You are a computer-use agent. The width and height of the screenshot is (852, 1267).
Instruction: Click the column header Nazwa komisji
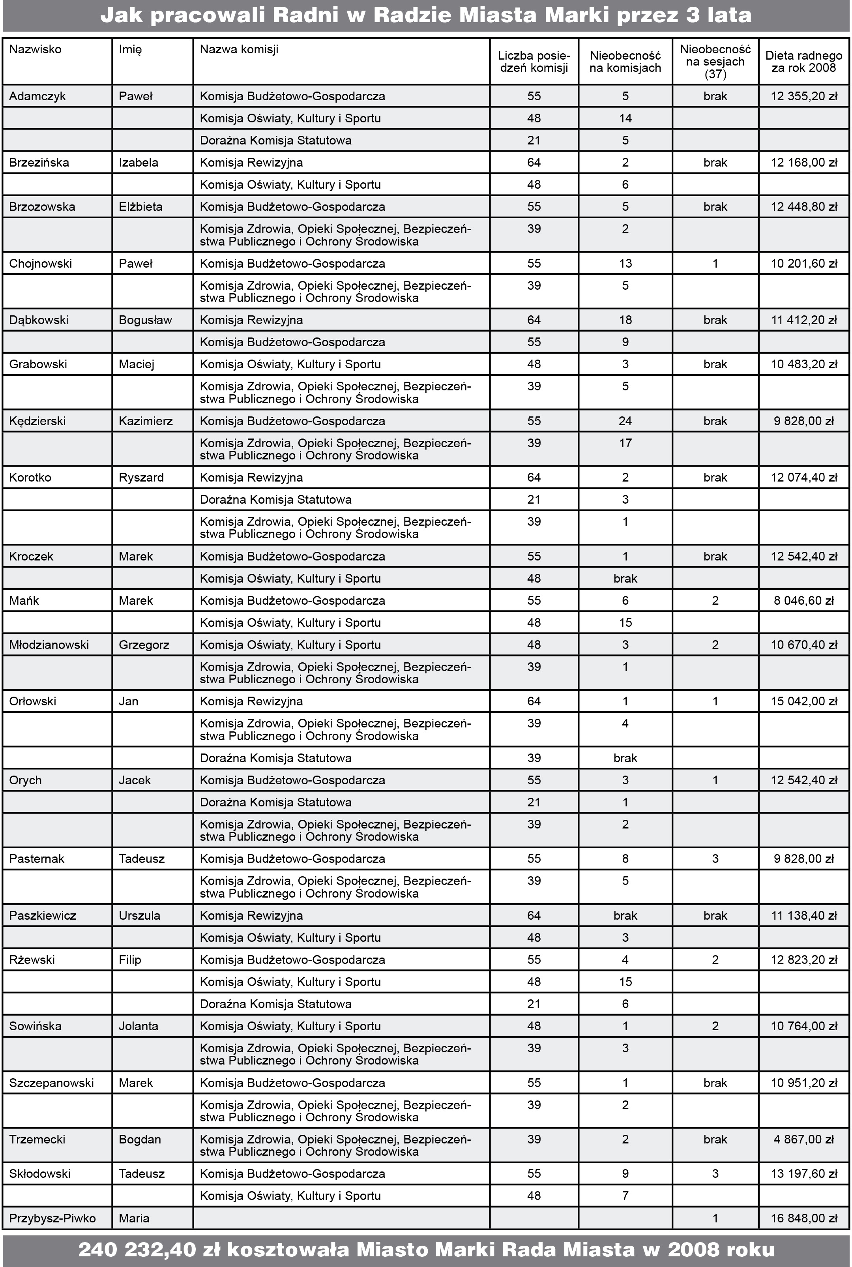coord(239,49)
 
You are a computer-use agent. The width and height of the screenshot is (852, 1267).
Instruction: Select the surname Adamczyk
coord(37,96)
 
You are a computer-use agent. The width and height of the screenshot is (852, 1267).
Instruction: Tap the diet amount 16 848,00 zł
coord(803,1218)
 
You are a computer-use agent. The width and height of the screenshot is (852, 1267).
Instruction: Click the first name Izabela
coord(139,163)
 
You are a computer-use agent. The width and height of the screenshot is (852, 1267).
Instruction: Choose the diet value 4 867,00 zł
coord(803,1140)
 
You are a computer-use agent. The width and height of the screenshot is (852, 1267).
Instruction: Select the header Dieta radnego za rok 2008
coord(803,62)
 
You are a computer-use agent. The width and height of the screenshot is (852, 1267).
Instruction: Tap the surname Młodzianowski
coord(49,645)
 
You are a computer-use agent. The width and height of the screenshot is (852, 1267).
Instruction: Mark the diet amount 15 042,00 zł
coord(803,701)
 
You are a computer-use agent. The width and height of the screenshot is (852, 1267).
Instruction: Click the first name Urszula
coord(140,915)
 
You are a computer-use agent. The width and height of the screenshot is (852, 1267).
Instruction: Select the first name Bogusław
coord(145,320)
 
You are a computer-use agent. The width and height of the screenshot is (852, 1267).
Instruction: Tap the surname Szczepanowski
coord(52,1083)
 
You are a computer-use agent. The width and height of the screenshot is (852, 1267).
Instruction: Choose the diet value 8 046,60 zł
coord(803,600)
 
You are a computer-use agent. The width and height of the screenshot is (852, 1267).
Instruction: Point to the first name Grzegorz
coord(144,645)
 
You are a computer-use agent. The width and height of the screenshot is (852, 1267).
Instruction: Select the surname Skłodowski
coord(40,1173)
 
